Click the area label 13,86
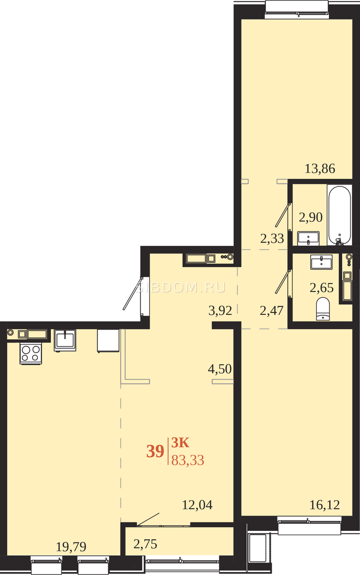pyautogui.click(x=320, y=169)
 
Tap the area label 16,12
pyautogui.click(x=325, y=505)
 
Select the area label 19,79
pyautogui.click(x=71, y=547)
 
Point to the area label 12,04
pyautogui.click(x=197, y=505)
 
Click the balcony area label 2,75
pyautogui.click(x=145, y=544)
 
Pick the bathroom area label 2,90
pyautogui.click(x=311, y=217)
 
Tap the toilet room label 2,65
pyautogui.click(x=322, y=287)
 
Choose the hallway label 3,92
pyautogui.click(x=221, y=310)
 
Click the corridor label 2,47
pyautogui.click(x=271, y=310)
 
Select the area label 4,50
pyautogui.click(x=220, y=369)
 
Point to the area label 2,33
pyautogui.click(x=272, y=239)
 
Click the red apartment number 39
pyautogui.click(x=155, y=451)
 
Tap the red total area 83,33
pyautogui.click(x=188, y=460)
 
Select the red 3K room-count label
pyautogui.click(x=180, y=443)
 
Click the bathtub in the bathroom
pyautogui.click(x=339, y=215)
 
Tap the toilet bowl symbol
pyautogui.click(x=323, y=309)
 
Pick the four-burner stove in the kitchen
pyautogui.click(x=31, y=354)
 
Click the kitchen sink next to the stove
pyautogui.click(x=65, y=340)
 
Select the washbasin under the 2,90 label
pyautogui.click(x=308, y=239)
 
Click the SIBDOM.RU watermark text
pyautogui.click(x=181, y=287)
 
